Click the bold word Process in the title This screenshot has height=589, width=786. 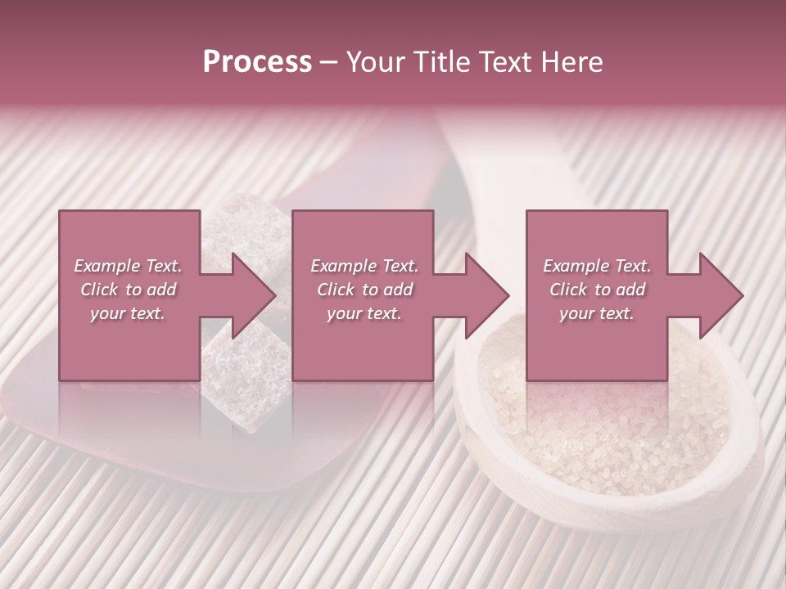coord(257,62)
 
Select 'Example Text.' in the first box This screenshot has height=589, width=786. coord(128,266)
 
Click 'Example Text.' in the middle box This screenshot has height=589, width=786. coord(364,266)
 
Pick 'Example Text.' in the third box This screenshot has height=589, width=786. coord(597,266)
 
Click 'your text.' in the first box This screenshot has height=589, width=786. coord(128,313)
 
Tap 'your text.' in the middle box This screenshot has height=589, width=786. coord(364,313)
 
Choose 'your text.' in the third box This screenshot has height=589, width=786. coord(597,313)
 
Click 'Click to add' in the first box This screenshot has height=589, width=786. coord(128,290)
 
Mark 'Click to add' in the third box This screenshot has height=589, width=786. coord(597,290)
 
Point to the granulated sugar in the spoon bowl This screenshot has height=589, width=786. coord(606,425)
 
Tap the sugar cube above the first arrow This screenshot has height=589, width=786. coord(246,225)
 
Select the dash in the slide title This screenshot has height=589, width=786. coord(328,63)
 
